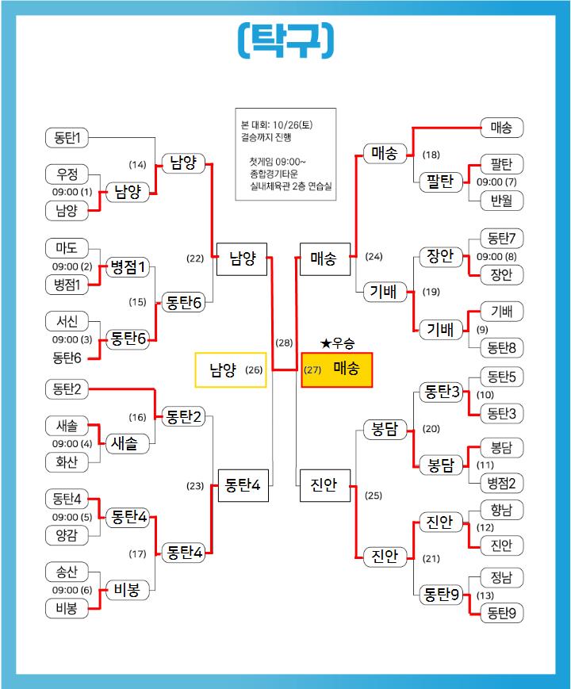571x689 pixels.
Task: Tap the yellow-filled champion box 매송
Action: (337, 369)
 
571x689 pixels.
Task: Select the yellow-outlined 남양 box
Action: (231, 369)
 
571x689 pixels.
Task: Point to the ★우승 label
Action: (337, 343)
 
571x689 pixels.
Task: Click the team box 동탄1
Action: (67, 138)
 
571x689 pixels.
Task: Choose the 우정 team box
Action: (67, 174)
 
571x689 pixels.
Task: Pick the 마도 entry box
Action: (67, 248)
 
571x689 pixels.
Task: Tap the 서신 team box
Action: (67, 321)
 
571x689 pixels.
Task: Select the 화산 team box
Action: (67, 461)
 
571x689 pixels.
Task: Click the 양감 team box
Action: (67, 535)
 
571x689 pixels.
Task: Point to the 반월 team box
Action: (501, 201)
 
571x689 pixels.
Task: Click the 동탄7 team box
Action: (501, 239)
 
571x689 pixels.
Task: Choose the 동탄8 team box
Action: (501, 347)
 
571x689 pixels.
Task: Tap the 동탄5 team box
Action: (501, 377)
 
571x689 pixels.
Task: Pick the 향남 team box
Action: (501, 510)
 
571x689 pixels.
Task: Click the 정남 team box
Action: (501, 578)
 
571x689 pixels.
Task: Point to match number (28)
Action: (283, 343)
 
